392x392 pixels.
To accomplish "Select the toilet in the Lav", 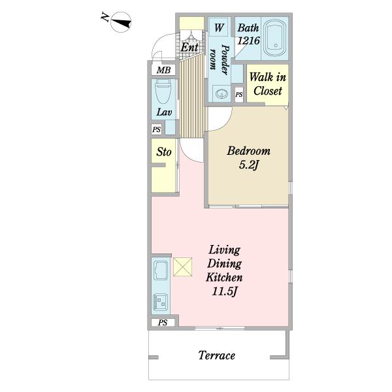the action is coord(163,91).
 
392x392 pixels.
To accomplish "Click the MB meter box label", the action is coord(163,71).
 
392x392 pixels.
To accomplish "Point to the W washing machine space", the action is coord(219,27).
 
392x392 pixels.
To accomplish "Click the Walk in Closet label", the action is coord(267,84).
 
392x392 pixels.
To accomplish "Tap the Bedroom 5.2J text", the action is coord(248,157).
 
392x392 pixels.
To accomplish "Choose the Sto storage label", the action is coord(164,152).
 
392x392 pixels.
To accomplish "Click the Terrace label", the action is coord(217,355).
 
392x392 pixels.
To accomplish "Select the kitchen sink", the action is coord(161,270).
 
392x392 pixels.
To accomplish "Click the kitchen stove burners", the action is coord(160,302).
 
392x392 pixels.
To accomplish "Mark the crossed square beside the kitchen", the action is coord(183,267).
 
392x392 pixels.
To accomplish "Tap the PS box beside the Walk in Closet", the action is coord(239,95).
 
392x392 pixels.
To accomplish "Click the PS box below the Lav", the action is coord(157,129).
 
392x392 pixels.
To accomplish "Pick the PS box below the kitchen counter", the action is coord(163,323).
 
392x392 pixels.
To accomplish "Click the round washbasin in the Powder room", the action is coord(221,94).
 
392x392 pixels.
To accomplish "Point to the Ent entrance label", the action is coord(189,47).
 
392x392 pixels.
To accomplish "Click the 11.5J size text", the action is coord(224,291).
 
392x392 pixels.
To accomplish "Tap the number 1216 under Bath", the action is coord(248,41).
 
